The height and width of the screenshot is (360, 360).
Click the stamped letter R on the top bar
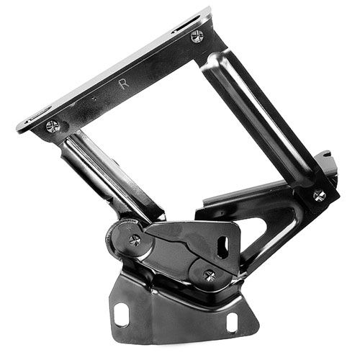coord(124,84)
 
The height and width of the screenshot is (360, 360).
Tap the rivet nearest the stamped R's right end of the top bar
coord(197,37)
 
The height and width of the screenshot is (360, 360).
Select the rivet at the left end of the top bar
coord(53,126)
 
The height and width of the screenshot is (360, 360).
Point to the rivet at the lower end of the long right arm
coord(320,196)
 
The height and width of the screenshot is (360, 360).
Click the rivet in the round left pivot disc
coord(135,240)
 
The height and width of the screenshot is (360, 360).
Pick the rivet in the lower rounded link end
coord(210,275)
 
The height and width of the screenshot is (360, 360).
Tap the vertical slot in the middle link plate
coord(223,248)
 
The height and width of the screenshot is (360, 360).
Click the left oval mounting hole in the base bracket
coord(122,315)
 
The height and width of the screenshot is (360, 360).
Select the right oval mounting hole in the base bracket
coord(232,323)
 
